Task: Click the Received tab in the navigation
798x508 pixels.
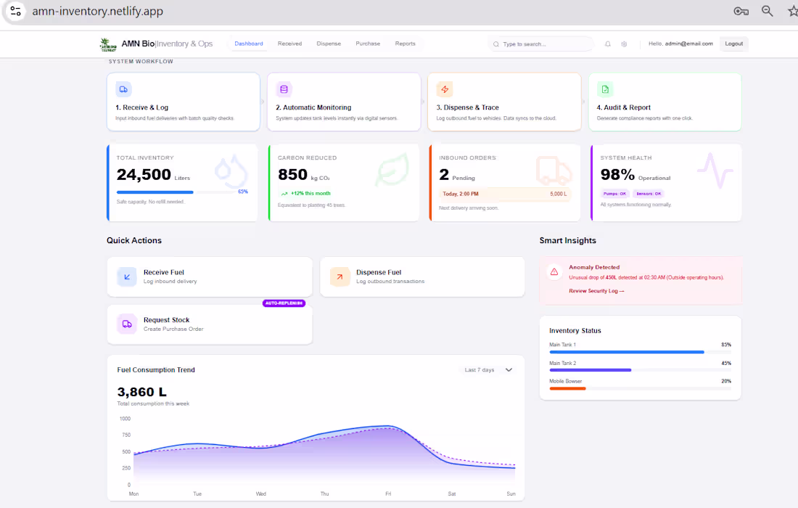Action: tap(289, 44)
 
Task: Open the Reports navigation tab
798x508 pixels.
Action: tap(405, 44)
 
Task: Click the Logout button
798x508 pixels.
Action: tap(733, 44)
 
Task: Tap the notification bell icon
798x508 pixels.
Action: tap(608, 44)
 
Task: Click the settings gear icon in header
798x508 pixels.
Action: tap(624, 44)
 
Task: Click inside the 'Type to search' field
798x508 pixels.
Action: tap(544, 44)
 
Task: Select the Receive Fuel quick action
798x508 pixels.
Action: tap(209, 276)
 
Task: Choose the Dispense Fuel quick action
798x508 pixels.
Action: tap(421, 276)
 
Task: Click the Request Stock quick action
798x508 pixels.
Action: tap(209, 324)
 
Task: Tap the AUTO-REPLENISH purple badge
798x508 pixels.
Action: tap(284, 303)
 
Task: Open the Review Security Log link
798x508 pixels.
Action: tap(596, 291)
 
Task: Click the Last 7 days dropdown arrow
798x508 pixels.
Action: tap(509, 370)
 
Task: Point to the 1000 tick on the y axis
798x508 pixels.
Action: tap(125, 419)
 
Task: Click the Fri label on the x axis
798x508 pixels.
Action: tap(388, 493)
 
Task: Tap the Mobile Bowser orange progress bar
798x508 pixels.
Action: tap(567, 388)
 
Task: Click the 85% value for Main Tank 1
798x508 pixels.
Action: tap(725, 345)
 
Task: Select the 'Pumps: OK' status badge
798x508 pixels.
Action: tap(614, 194)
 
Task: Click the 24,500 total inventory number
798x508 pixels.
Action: tap(144, 175)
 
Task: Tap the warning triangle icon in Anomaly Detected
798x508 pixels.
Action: tap(554, 271)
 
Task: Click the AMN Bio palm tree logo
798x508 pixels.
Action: tap(108, 44)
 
